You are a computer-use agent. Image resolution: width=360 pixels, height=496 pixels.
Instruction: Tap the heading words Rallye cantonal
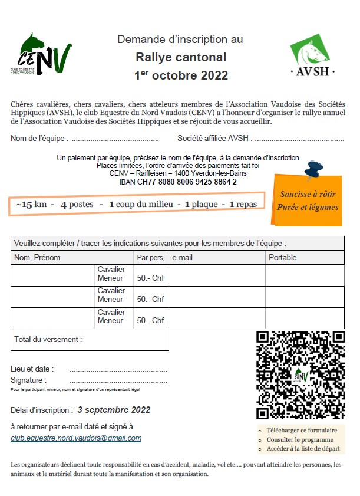pos(180,58)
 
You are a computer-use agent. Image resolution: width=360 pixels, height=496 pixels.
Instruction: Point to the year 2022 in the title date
pos(214,75)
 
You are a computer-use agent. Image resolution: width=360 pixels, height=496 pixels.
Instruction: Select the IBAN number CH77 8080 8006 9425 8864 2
pos(187,182)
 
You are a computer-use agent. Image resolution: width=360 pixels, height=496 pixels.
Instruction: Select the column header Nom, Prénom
pos(37,258)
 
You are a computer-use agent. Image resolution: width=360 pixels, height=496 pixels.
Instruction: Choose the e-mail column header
pos(183,258)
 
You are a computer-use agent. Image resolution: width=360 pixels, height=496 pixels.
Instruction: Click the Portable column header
pos(283,258)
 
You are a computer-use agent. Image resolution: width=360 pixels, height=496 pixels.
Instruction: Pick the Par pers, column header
pos(150,258)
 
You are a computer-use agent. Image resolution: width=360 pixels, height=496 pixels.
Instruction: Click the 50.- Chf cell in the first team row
pos(150,278)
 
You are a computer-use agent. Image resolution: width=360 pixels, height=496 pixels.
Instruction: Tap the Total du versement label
pos(48,339)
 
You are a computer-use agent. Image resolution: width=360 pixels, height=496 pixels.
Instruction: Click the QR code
pos(300,375)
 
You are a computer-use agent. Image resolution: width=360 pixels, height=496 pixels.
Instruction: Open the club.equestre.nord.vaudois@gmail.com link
pos(76,438)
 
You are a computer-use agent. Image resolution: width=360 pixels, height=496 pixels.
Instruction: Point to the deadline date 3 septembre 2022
pos(114,410)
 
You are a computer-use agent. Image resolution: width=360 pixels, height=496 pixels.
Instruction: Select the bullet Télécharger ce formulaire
pos(302,431)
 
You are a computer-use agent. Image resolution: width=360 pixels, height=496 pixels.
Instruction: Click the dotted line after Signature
pos(118,381)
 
